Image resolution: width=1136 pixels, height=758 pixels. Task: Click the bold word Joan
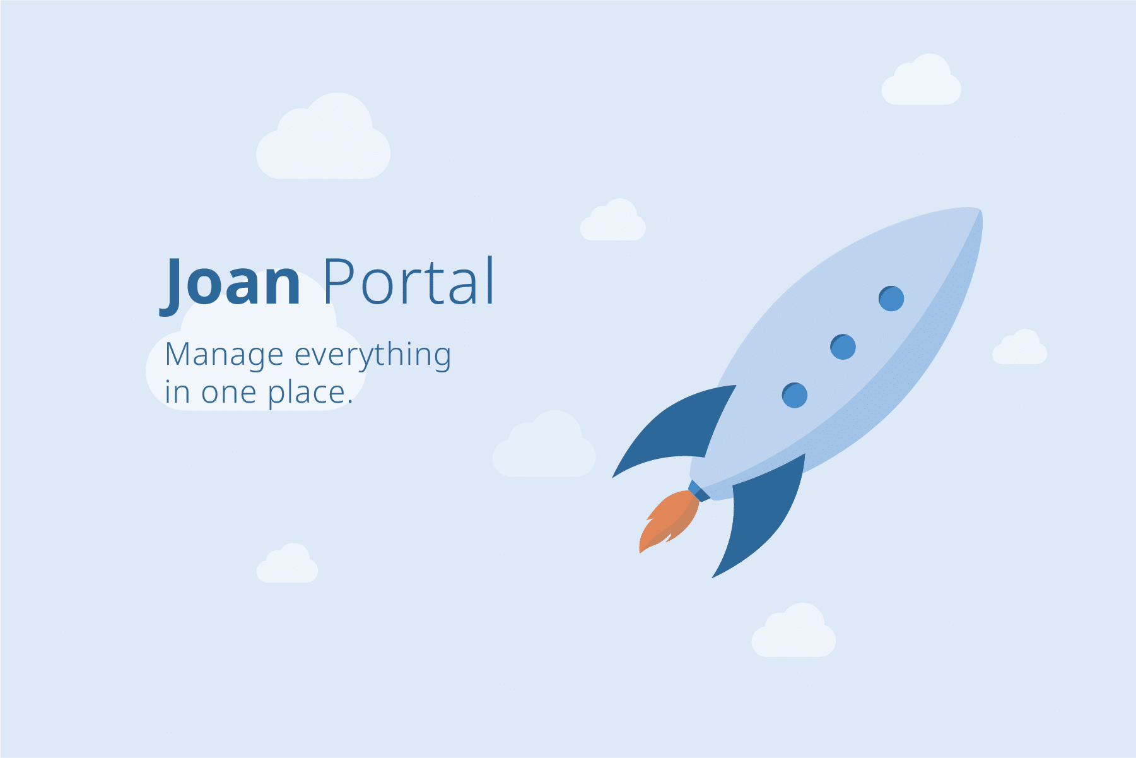coord(230,283)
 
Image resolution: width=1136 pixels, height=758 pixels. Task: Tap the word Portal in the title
coord(409,281)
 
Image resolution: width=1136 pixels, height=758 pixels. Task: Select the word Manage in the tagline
coord(224,355)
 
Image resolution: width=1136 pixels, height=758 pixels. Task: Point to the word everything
coord(373,355)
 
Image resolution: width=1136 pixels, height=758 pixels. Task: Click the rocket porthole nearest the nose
coord(891,299)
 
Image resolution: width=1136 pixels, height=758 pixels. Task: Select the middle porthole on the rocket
coord(843,346)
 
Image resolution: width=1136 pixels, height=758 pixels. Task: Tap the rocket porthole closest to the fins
coord(795,396)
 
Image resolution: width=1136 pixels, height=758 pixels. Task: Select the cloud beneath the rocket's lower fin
coord(793,631)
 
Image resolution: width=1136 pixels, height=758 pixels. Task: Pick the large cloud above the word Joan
coord(323,138)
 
